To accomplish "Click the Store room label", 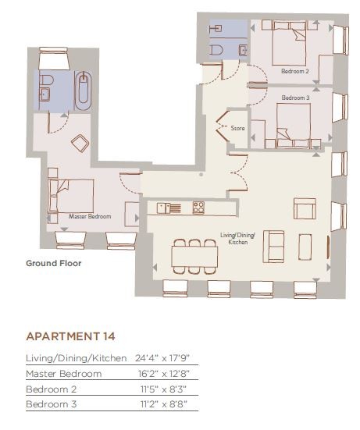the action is pos(237,128).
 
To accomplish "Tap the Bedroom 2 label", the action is pos(295,71).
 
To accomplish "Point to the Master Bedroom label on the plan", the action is pos(90,216).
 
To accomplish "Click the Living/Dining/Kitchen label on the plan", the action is pos(237,239).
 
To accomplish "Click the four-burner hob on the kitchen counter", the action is pos(198,208).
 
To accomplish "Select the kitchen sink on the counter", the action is pos(169,208).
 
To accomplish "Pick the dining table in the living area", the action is pos(194,257).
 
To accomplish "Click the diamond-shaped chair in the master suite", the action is pos(80,143).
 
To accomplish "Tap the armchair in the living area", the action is pos(305,208).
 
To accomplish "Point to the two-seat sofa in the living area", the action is pos(273,247).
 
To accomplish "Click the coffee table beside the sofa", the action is pos(305,247).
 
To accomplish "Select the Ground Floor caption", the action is pos(54,263).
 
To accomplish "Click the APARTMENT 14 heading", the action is pos(70,336).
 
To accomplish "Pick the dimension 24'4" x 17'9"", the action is pos(162,358).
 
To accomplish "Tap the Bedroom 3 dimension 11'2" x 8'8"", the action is pos(164,404).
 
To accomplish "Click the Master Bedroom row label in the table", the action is pos(64,374).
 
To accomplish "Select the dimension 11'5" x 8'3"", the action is pos(163,389).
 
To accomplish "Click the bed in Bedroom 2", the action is pos(289,44).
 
